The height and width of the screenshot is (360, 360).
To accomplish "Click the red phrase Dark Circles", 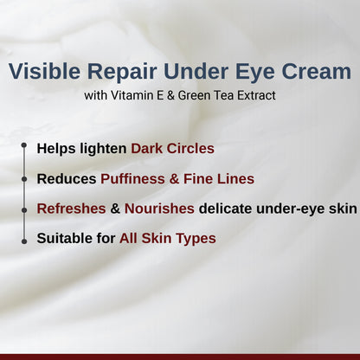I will click(172, 149).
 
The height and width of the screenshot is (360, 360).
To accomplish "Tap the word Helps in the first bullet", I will click(54, 149).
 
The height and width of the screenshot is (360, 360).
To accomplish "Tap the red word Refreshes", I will click(69, 209).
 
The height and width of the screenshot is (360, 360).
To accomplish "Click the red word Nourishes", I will click(159, 209).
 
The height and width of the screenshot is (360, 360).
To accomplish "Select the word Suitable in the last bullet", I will click(64, 238).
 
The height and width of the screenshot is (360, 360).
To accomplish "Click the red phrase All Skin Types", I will click(168, 238).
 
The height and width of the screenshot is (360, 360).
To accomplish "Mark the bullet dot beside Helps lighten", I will click(23, 148).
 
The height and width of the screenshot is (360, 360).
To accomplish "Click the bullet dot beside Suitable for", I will click(23, 237).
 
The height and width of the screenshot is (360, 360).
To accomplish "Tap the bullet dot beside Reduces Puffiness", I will click(23, 178).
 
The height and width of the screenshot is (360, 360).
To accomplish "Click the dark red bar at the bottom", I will click(180, 356).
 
